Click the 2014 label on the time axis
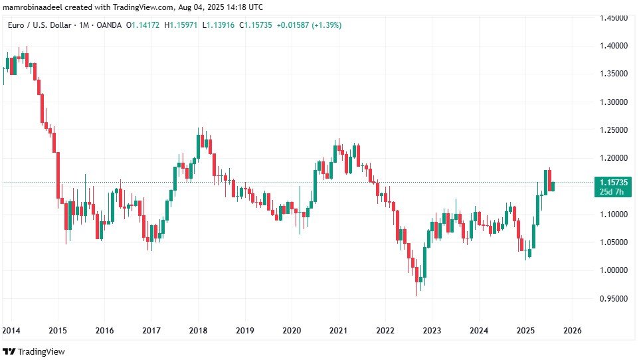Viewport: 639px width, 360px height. point(11,330)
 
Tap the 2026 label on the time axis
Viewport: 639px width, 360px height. point(573,330)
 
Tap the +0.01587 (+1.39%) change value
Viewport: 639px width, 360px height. point(310,25)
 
